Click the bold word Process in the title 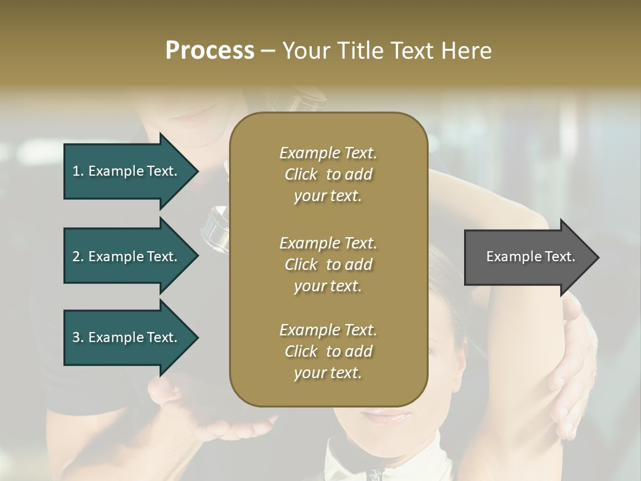click(x=210, y=51)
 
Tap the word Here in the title click(x=465, y=51)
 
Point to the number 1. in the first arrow click(x=78, y=171)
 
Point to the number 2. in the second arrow click(x=78, y=257)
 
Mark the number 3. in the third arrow click(x=78, y=337)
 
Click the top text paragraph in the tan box click(x=328, y=174)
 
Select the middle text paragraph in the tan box click(x=328, y=264)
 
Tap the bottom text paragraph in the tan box click(x=328, y=351)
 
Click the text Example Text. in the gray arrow click(x=530, y=257)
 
